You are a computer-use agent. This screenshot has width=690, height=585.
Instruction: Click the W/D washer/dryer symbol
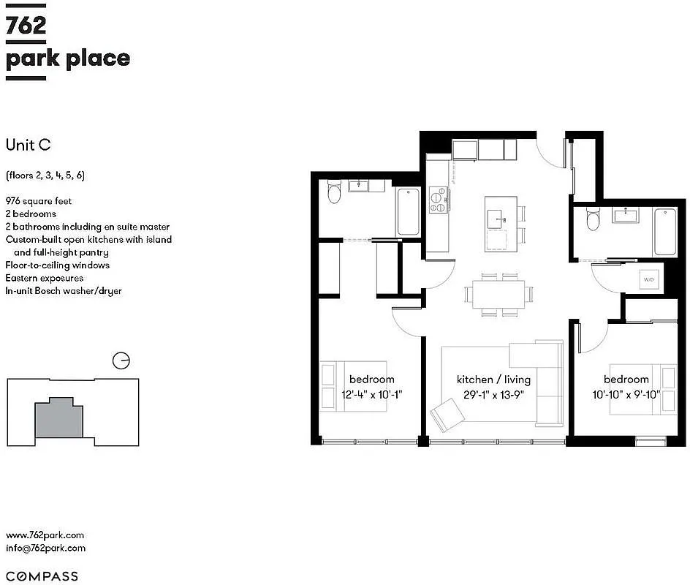(648, 279)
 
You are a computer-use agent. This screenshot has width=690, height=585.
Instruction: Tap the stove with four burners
(439, 200)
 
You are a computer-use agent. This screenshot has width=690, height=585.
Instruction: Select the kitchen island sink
(498, 216)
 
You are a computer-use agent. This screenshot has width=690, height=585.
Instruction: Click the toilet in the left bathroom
(334, 192)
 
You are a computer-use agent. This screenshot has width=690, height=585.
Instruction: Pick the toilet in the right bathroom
(594, 219)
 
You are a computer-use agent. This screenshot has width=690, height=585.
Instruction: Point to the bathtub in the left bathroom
(408, 211)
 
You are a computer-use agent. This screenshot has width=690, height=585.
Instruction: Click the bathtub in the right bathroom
(664, 231)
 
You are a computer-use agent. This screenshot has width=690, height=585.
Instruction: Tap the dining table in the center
(498, 295)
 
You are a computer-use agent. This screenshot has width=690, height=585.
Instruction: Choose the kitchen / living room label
(493, 380)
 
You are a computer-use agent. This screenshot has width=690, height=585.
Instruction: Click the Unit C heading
(28, 145)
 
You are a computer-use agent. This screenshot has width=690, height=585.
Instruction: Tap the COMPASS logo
(42, 576)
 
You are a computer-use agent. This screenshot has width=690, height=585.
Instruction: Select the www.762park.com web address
(45, 535)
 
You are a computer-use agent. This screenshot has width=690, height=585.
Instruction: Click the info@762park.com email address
(45, 548)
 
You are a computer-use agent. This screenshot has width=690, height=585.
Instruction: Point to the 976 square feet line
(39, 201)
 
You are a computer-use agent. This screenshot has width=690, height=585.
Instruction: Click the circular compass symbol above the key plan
(121, 361)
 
